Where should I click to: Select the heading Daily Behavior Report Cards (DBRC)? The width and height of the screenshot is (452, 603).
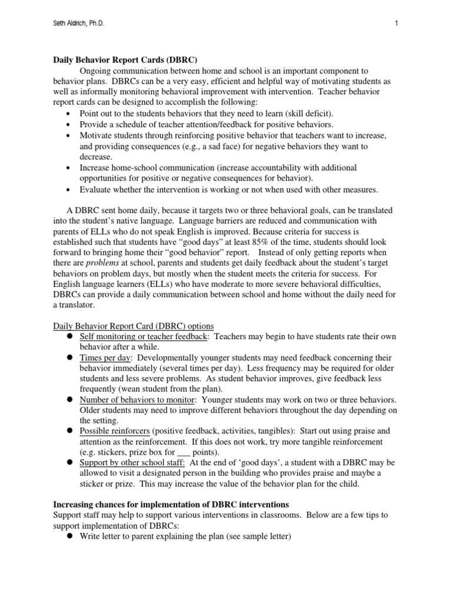tap(125, 59)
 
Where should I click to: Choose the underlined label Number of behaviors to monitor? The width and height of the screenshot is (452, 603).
tap(135, 400)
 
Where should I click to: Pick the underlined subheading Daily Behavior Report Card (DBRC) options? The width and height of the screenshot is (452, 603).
tap(134, 326)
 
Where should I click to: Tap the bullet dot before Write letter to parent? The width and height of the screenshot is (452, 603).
tap(69, 536)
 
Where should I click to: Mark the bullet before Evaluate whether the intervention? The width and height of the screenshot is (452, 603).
tap(69, 190)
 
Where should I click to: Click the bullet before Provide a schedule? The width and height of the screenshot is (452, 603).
tap(69, 124)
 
